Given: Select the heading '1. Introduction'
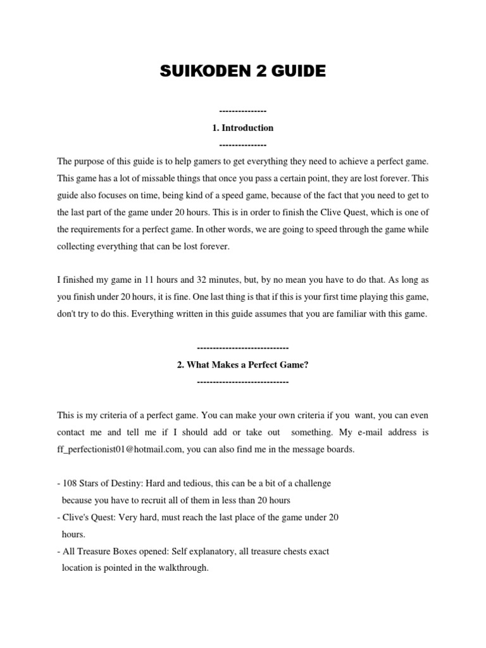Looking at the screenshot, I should pyautogui.click(x=243, y=128).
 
